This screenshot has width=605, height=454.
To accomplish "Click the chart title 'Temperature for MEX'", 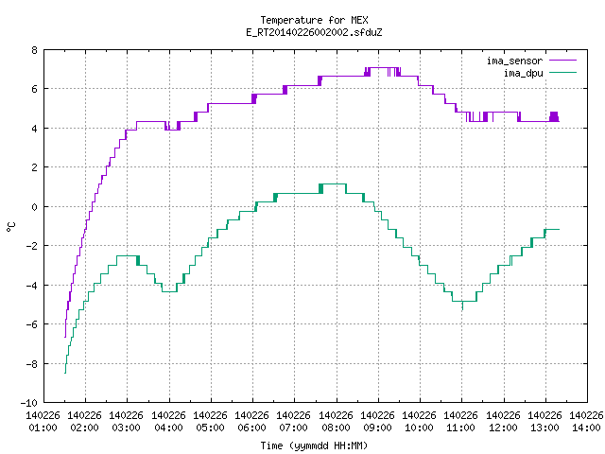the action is point(314,20).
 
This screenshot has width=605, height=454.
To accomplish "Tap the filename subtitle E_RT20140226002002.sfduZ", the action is point(314,32).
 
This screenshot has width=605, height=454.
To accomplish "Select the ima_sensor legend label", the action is point(514,61).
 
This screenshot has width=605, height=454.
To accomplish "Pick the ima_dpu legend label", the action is point(523,73).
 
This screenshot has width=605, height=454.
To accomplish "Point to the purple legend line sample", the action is point(562,61).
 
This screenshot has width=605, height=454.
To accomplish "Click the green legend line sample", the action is point(562,72).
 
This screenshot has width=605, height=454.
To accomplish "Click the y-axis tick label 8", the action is point(34,50).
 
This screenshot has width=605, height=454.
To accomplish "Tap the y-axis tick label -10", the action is point(29,403).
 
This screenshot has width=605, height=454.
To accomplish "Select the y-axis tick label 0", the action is point(34,207).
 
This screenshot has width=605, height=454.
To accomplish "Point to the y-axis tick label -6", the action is point(31,324).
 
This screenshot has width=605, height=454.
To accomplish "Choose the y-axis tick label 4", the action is point(34,129).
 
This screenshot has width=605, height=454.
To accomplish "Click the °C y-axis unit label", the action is point(10,227).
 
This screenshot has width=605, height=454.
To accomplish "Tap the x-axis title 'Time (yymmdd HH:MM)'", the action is point(314,445).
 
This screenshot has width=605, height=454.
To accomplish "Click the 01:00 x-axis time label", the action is point(43,428).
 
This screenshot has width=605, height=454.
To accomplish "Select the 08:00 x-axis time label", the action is point(337,428).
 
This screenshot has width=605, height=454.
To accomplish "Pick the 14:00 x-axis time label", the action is point(586,428).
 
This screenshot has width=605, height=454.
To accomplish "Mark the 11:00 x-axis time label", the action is point(461,428).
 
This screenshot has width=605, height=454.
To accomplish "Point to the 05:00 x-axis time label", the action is point(210,428).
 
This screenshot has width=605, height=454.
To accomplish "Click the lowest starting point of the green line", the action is point(65,373).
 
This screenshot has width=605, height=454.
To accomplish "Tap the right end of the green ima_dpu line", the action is point(559,229).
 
